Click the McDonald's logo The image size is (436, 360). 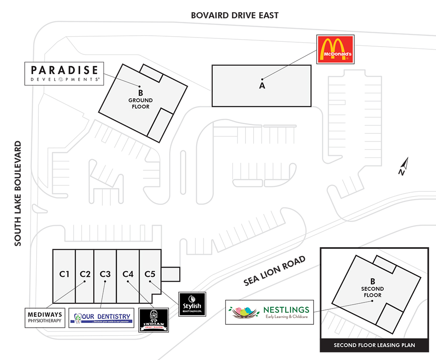pyautogui.click(x=335, y=49)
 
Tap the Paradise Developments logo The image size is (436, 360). pyautogui.click(x=64, y=74)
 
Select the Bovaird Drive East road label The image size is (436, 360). pyautogui.click(x=235, y=15)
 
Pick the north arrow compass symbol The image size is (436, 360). pyautogui.click(x=404, y=166)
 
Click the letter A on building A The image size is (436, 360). pyautogui.click(x=262, y=85)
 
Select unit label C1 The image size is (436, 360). pyautogui.click(x=65, y=274)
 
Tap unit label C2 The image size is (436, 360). pyautogui.click(x=85, y=274)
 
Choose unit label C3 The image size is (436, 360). pyautogui.click(x=105, y=274)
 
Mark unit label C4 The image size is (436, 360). pyautogui.click(x=128, y=274)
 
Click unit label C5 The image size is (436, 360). pyautogui.click(x=150, y=274)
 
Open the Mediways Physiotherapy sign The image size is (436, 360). pyautogui.click(x=45, y=318)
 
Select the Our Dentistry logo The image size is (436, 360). pyautogui.click(x=102, y=318)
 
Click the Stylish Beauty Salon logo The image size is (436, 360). pyautogui.click(x=192, y=304)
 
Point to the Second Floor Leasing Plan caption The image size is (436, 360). pyautogui.click(x=374, y=346)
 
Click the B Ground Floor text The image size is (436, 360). pyautogui.click(x=140, y=100)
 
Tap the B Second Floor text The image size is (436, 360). pyautogui.click(x=372, y=289)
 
